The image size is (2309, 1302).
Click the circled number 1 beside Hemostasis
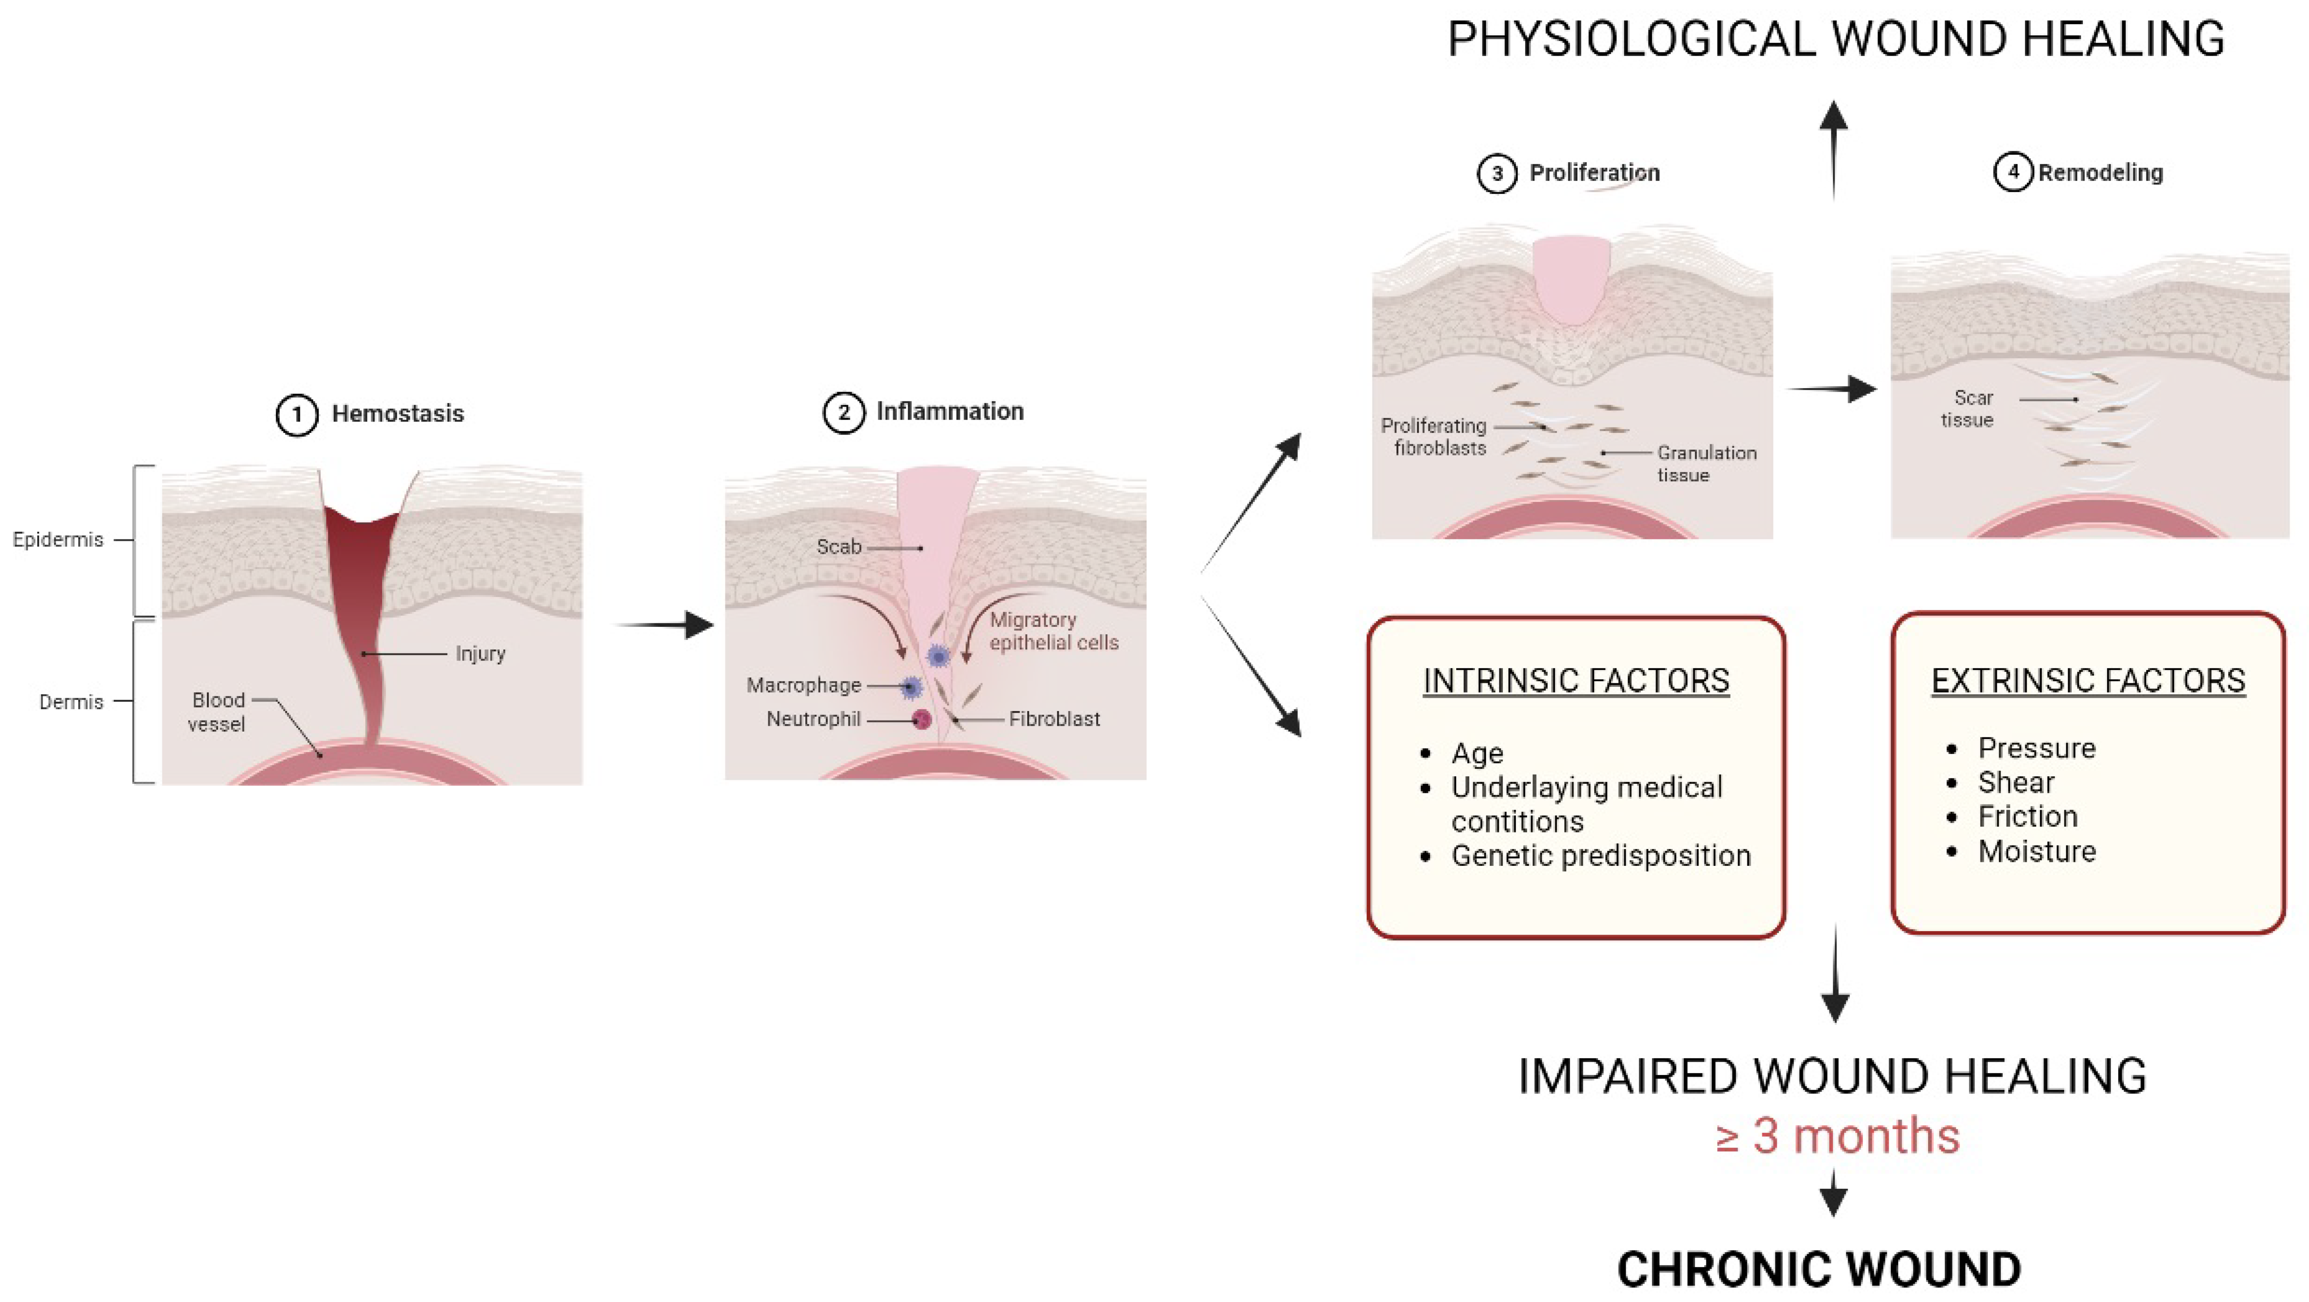[x=297, y=415]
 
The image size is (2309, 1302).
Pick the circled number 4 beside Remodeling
[x=2013, y=172]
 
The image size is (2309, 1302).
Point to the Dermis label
[x=71, y=702]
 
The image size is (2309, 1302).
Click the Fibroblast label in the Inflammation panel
[x=1054, y=719]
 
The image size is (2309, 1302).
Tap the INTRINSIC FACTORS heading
[x=1576, y=681]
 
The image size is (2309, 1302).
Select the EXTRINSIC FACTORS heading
[x=2088, y=681]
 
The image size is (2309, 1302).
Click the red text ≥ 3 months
[x=1837, y=1136]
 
